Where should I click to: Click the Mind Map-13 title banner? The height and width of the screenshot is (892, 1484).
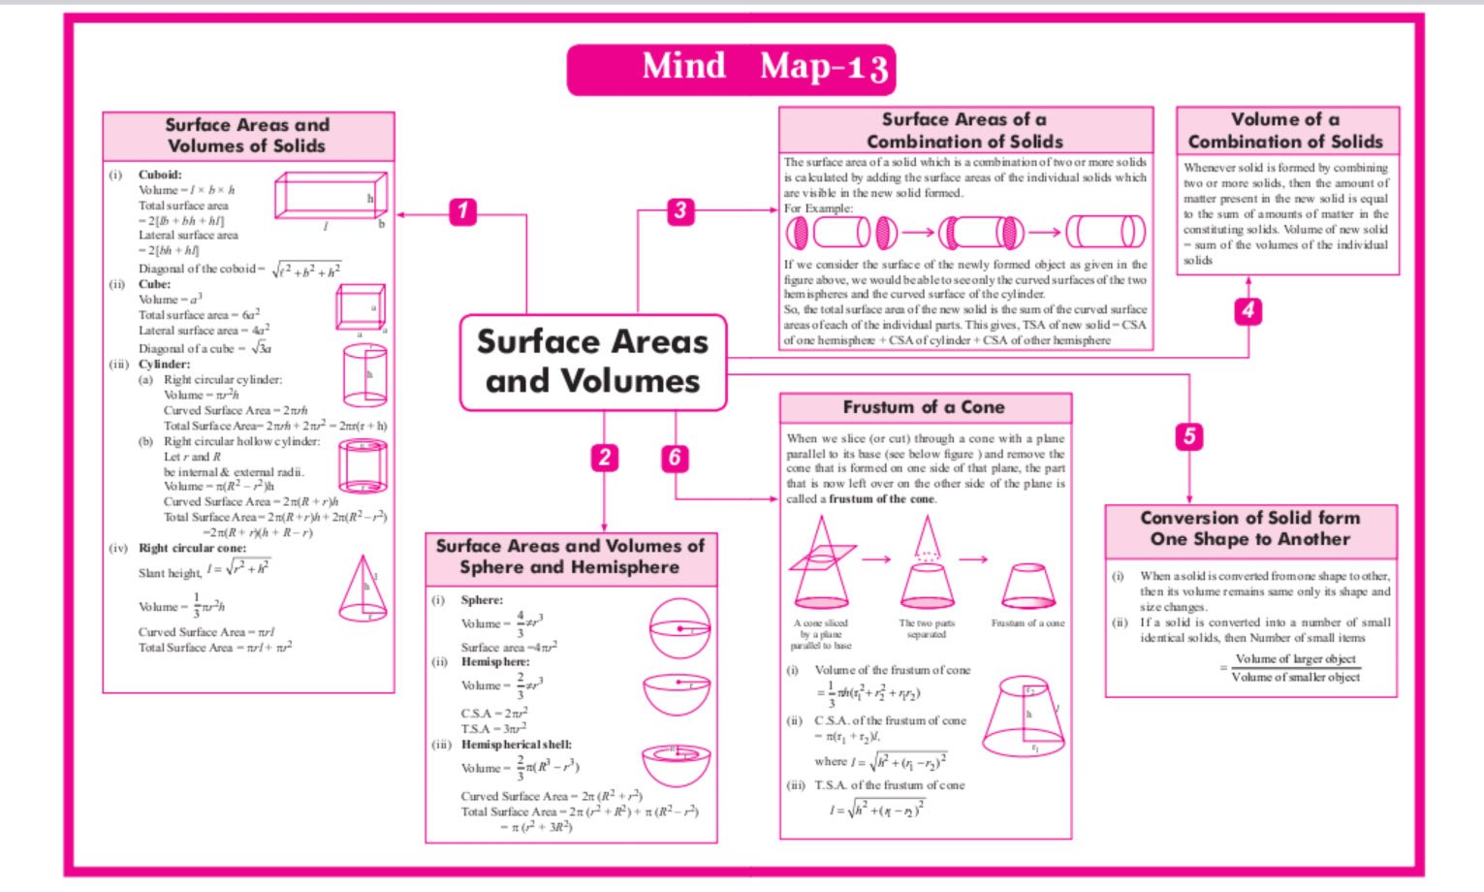tap(731, 69)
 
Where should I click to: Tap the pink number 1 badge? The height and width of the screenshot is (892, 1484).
tap(463, 211)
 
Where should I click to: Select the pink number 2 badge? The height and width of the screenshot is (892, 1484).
tap(604, 458)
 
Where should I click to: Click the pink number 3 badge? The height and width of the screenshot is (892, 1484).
tap(680, 210)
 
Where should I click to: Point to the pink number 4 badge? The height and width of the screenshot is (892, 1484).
tap(1247, 310)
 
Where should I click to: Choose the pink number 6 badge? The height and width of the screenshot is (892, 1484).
tap(675, 458)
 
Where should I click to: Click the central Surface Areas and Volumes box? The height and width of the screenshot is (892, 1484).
tap(592, 362)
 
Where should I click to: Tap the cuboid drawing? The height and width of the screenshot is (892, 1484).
tap(331, 197)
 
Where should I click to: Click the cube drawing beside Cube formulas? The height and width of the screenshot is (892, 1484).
tap(361, 309)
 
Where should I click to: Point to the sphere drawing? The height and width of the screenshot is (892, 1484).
tap(679, 628)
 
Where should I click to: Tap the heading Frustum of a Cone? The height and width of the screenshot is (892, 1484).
tap(924, 407)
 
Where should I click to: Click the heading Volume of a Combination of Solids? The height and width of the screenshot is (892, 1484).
tap(1286, 131)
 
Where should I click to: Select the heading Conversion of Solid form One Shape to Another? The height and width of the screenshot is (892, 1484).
tap(1250, 528)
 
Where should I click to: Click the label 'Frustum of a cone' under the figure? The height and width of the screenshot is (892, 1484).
tap(1027, 623)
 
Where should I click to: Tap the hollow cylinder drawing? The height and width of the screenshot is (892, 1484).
tap(363, 466)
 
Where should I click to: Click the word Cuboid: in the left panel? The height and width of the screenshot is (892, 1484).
tap(160, 175)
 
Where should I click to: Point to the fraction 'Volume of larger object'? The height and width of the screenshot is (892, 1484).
tap(1296, 659)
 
